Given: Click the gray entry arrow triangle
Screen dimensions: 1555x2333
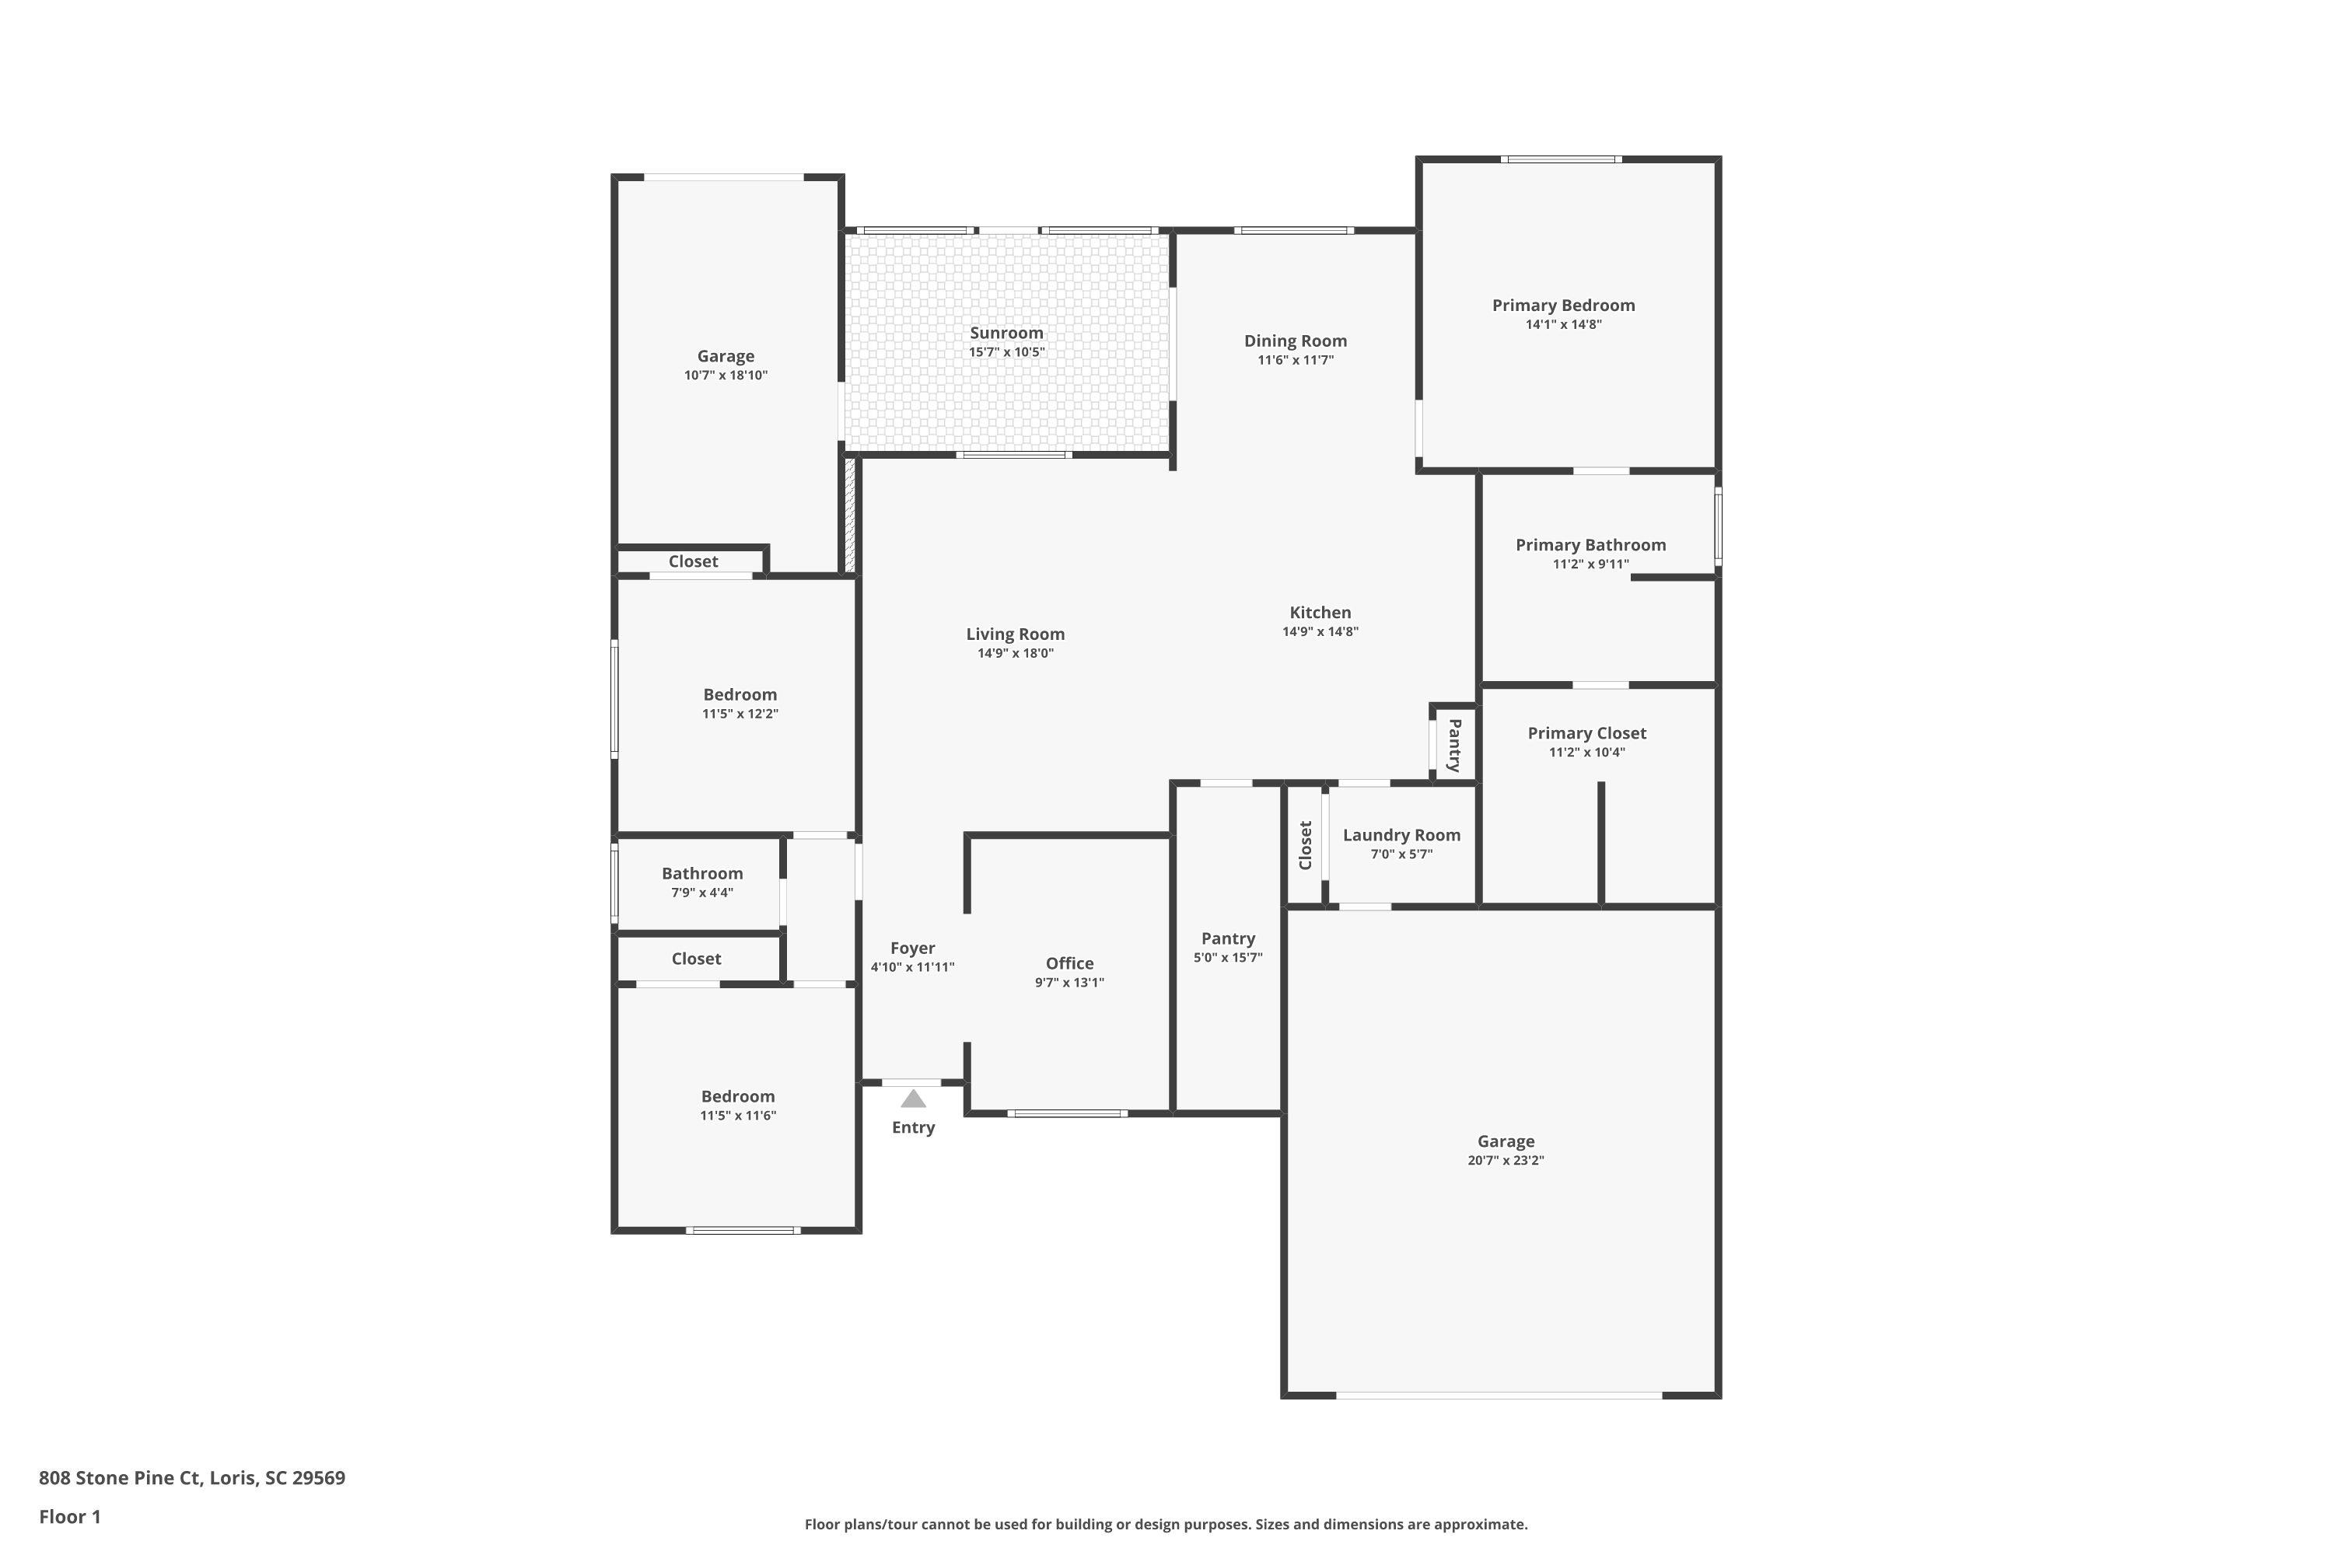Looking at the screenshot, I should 914,1099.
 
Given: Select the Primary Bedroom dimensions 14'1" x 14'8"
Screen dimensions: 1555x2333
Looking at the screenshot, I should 1563,324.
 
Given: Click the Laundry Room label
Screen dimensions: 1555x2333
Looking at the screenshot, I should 1401,835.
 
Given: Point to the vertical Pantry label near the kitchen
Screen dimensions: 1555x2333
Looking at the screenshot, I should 1454,745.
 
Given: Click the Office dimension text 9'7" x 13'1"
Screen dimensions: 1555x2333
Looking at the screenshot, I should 1069,983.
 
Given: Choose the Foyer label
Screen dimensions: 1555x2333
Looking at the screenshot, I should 911,948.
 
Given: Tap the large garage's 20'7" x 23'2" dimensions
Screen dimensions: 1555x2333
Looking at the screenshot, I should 1505,1160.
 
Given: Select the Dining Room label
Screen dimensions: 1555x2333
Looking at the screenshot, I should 1295,341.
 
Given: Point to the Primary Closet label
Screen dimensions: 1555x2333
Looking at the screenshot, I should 1586,733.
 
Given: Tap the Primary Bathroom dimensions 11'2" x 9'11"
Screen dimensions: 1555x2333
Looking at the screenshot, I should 1590,564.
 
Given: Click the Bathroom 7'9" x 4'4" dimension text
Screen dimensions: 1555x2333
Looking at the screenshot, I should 701,893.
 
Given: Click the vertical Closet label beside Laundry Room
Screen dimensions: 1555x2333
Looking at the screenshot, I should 1306,845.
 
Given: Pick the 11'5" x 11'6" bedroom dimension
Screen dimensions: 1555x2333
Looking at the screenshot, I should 737,1116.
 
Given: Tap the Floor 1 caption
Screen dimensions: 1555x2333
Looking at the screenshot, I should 69,1516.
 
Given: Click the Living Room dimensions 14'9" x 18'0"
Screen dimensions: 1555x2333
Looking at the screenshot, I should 1015,654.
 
